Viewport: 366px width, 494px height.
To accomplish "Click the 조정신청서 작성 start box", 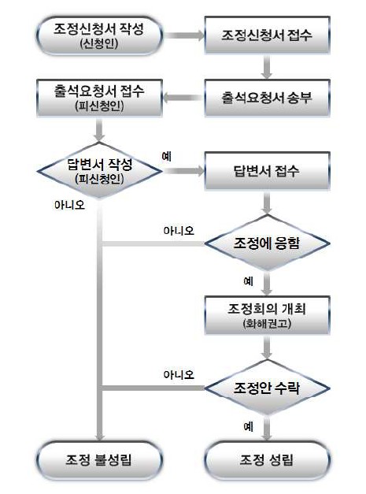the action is point(99,35).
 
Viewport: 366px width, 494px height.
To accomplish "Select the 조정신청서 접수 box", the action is point(267,35).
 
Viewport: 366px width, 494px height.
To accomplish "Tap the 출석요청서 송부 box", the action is point(267,98).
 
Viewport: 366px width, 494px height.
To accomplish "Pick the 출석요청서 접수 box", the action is point(99,98).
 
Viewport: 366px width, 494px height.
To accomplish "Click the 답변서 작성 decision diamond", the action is point(99,170).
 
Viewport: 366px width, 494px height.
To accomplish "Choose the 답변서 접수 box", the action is point(267,171).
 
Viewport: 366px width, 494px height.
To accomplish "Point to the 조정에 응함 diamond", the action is point(267,243).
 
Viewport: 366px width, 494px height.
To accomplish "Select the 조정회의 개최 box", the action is point(267,315).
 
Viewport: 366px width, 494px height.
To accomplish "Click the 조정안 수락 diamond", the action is point(267,388).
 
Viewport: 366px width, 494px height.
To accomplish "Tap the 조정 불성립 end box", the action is point(99,460).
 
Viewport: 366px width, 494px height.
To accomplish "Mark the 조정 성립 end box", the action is point(267,460).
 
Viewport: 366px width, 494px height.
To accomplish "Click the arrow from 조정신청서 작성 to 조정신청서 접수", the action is point(184,35).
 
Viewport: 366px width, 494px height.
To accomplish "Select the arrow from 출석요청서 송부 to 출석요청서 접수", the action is point(183,98).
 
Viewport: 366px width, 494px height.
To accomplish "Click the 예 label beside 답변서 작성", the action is point(167,156).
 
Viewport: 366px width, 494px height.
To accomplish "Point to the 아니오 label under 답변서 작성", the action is point(69,205).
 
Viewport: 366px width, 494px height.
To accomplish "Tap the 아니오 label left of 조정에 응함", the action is point(179,231).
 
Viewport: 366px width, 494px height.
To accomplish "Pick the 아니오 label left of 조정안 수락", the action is point(179,374).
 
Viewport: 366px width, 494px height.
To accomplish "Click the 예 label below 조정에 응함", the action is point(248,280).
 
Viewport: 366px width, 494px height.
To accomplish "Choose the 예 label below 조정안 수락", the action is point(248,426).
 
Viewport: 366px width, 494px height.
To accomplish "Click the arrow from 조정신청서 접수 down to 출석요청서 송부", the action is point(267,67).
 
